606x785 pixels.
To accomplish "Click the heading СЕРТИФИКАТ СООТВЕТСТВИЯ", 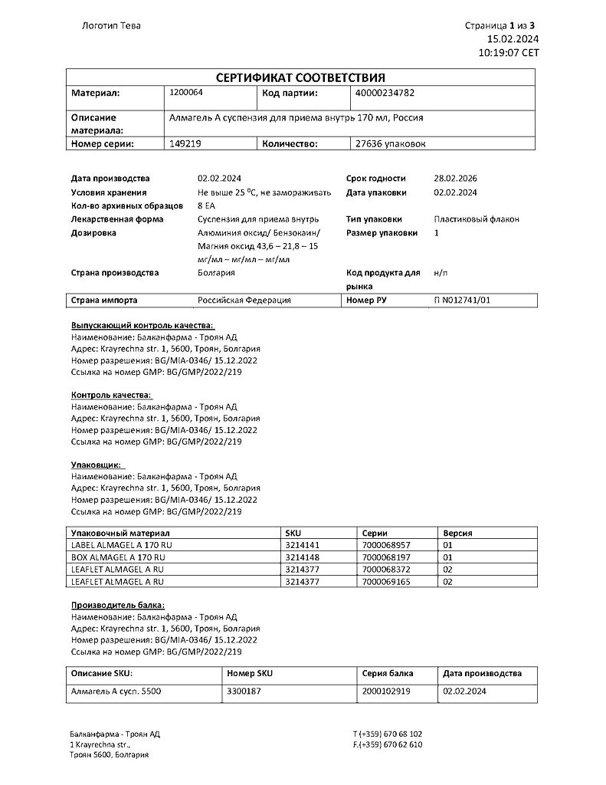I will coord(300,77).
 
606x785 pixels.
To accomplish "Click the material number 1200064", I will coord(185,93).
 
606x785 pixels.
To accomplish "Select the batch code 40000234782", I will coord(386,93).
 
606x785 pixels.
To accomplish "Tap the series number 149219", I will coord(184,143).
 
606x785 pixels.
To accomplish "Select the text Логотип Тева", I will coord(111,25).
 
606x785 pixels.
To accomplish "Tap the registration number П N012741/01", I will coord(462,301).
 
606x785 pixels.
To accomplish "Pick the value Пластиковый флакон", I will coord(476,219).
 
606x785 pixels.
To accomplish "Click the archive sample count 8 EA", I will coord(207,205).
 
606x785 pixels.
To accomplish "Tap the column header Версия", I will coord(457,532).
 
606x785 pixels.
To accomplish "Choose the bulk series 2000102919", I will coord(387,691).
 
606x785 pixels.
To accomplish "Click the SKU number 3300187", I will coord(245,691).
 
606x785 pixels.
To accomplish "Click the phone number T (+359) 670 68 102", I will coord(388,734).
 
